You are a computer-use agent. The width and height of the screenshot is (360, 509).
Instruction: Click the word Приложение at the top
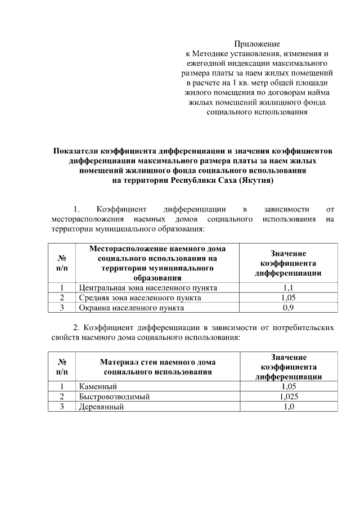pyautogui.click(x=257, y=43)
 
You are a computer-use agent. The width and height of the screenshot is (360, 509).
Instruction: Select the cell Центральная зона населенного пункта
pyautogui.click(x=140, y=288)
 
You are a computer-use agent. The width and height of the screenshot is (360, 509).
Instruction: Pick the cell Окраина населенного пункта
pyautogui.click(x=130, y=308)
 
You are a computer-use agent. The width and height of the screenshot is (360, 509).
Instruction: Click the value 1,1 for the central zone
pyautogui.click(x=288, y=288)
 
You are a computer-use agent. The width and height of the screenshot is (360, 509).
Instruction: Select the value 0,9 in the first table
pyautogui.click(x=288, y=308)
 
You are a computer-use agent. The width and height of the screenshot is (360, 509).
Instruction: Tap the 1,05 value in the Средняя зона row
pyautogui.click(x=288, y=298)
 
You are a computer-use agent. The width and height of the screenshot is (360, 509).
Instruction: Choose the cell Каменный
pyautogui.click(x=98, y=387)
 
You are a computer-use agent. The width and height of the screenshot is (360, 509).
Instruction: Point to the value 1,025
pyautogui.click(x=288, y=397)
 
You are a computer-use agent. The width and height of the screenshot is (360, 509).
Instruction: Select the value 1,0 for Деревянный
pyautogui.click(x=288, y=407)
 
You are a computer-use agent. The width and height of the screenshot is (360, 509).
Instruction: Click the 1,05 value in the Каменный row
pyautogui.click(x=288, y=387)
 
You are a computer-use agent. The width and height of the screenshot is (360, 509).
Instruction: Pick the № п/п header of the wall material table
pyautogui.click(x=62, y=367)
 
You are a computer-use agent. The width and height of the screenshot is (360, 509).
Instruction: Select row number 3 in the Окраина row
pyautogui.click(x=62, y=308)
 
